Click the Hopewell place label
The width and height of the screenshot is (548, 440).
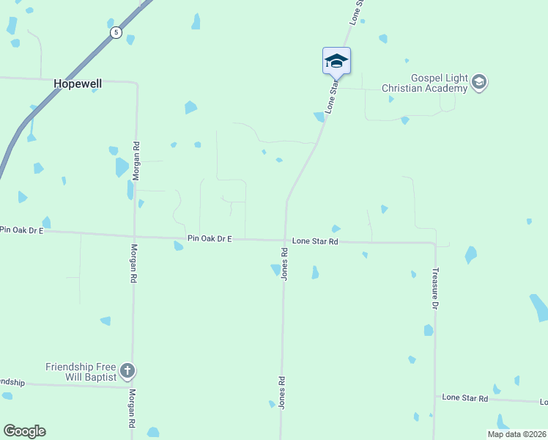coord(78,84)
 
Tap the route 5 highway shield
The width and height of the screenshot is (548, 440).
coord(116,33)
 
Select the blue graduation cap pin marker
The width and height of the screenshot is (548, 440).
coord(336,61)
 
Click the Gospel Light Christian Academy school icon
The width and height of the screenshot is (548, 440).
coord(479,81)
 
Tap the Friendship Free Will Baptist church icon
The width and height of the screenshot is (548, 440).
coord(127,371)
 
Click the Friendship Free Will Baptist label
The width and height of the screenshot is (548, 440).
coord(81,371)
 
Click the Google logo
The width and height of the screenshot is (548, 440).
coord(24,431)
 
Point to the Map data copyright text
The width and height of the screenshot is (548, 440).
coord(517,434)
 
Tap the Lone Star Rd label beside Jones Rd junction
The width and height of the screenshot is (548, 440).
coord(315,241)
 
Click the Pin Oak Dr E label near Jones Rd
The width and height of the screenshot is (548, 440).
coord(210,238)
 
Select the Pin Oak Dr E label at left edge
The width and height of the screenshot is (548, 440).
coord(22,230)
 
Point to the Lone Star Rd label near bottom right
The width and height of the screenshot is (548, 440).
coord(465,397)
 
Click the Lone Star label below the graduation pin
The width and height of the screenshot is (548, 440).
coord(332,96)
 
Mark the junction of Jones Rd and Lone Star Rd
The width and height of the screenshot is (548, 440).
coord(285,240)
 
